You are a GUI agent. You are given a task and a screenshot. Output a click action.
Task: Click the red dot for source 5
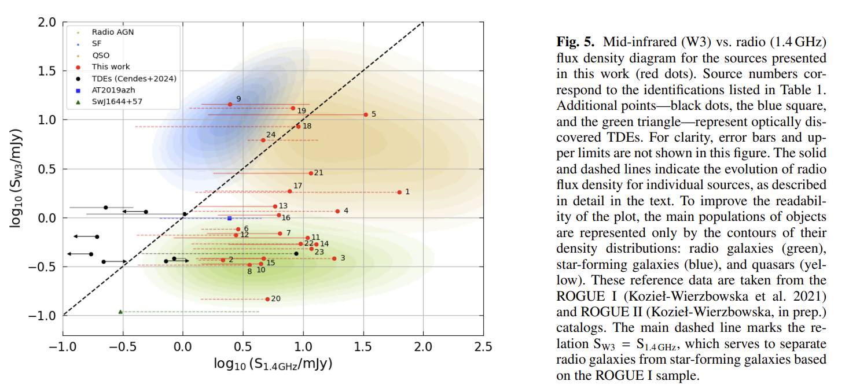pos(366,114)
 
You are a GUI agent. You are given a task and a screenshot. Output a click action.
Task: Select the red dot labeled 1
pos(399,192)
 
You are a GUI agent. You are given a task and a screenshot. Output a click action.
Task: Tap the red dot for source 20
pos(267,299)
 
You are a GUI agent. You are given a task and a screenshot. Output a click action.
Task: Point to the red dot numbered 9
pos(230,104)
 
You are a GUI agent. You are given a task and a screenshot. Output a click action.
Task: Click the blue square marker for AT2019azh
pos(230,218)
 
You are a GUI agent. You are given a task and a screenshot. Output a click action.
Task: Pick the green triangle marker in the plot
pos(120,312)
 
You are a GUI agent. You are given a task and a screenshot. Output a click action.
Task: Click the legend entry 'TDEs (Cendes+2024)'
pos(134,79)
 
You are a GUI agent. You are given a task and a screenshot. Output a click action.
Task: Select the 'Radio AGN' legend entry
pos(112,32)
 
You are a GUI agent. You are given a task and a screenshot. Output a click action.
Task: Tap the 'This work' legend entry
pos(111,67)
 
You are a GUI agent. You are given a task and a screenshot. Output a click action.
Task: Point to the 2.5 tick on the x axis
pos(483,347)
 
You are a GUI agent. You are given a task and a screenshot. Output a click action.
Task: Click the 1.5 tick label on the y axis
pos(48,71)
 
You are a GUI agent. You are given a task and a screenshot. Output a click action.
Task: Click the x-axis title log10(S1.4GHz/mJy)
pos(273,365)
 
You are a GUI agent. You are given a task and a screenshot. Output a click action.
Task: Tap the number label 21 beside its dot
pos(318,173)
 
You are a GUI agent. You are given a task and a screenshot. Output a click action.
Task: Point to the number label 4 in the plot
pos(346,211)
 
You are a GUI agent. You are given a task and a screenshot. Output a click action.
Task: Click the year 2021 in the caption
pos(814,296)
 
